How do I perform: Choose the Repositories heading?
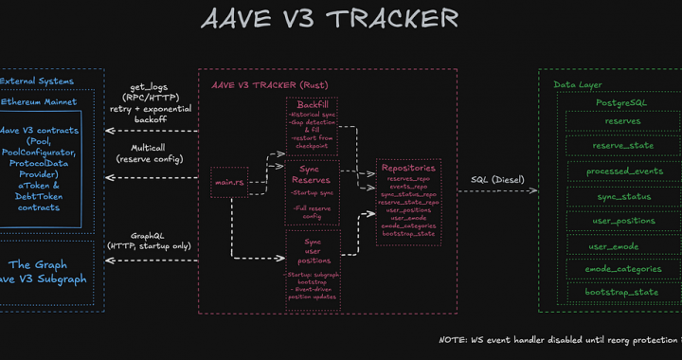click(408, 168)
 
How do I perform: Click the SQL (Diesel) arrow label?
click(497, 180)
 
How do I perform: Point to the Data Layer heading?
click(578, 84)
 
